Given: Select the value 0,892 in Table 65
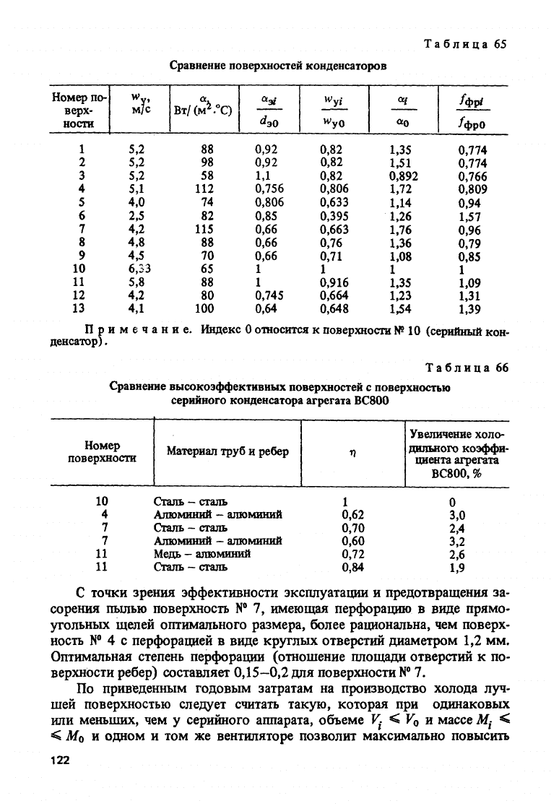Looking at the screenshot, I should coord(403,175).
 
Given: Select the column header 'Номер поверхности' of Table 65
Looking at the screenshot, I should coord(78,110).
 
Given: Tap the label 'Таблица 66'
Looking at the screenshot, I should coord(465,368).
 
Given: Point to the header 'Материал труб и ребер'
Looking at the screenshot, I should coord(227,451).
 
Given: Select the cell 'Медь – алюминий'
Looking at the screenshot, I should coord(201,554).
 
